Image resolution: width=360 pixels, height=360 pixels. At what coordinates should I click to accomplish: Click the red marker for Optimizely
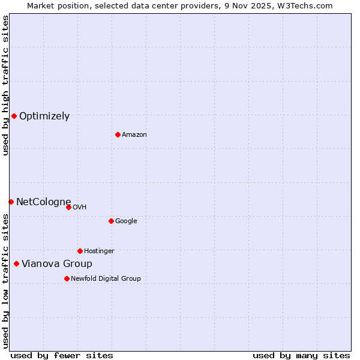14,116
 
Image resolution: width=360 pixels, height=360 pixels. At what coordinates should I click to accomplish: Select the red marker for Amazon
118,134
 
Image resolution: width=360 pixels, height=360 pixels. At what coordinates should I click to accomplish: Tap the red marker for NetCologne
11,202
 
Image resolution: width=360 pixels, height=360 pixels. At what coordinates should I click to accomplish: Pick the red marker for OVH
68,207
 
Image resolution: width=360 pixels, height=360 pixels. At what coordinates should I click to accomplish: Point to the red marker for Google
111,221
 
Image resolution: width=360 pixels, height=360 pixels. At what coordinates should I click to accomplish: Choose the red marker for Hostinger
80,251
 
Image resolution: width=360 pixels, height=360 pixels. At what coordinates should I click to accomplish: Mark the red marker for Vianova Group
16,263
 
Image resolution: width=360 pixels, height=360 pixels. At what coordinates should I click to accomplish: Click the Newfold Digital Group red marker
67,278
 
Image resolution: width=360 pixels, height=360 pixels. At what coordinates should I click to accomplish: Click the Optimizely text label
44,116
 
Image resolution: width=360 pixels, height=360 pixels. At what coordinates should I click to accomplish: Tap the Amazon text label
134,135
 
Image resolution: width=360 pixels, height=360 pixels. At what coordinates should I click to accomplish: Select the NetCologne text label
43,202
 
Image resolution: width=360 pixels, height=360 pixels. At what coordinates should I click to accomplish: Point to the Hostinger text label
99,251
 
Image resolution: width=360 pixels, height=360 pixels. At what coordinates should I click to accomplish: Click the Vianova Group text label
57,264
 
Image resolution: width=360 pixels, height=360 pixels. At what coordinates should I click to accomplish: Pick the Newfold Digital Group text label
106,279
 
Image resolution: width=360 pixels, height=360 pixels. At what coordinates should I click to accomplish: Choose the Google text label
126,221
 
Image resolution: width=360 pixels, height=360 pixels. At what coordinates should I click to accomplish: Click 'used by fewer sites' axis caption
62,356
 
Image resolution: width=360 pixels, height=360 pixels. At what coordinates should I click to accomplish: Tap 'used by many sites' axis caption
301,356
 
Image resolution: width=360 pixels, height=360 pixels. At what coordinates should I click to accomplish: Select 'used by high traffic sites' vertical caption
6,85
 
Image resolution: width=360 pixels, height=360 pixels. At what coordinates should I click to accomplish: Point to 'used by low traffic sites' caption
6,281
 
